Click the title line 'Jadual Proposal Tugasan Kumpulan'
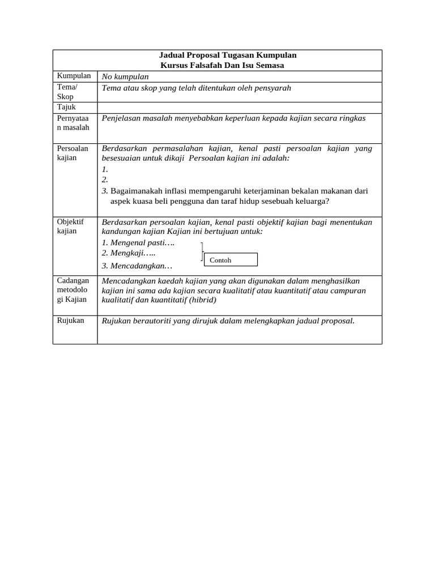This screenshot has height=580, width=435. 228,55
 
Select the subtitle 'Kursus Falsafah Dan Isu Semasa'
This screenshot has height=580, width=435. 222,65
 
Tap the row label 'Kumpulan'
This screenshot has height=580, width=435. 74,76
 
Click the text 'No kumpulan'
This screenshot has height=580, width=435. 125,76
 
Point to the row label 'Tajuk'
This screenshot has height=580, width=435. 66,107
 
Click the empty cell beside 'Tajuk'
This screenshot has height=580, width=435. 239,108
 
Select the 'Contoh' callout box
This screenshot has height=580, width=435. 230,260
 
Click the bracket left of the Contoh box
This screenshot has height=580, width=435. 202,251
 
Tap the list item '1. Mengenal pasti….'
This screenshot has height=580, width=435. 138,242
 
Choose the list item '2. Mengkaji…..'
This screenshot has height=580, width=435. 129,253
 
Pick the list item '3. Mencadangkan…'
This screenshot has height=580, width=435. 137,265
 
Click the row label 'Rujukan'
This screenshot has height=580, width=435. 71,321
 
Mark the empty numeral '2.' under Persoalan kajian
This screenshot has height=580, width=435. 105,180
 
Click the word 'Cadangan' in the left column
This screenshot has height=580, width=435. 73,280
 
